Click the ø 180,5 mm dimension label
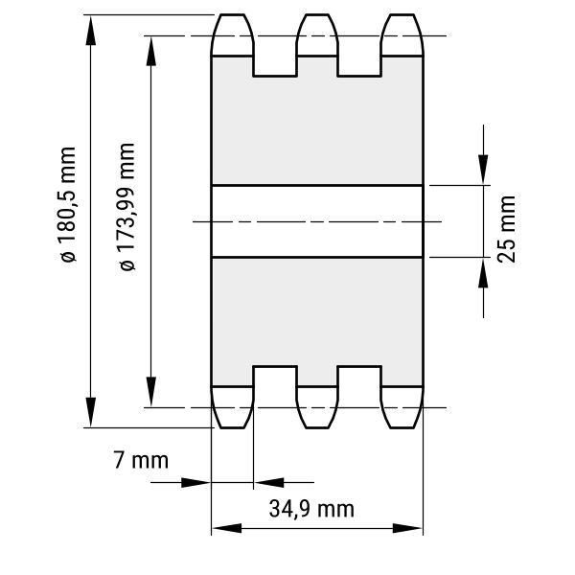[67, 205]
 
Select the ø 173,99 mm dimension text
[127, 207]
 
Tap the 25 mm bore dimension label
[506, 229]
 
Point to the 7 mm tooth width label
[141, 460]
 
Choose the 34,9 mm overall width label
[311, 509]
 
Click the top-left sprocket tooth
[232, 35]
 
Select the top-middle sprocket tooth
[317, 35]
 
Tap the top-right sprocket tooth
[402, 35]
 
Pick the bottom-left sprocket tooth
[232, 407]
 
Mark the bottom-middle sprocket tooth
[317, 407]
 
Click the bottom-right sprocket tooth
[402, 407]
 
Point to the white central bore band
[317, 221]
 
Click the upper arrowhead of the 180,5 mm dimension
[91, 30]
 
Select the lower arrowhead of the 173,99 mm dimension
[151, 391]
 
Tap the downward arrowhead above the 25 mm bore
[483, 169]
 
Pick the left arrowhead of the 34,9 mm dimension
[227, 528]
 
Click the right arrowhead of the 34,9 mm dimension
[407, 528]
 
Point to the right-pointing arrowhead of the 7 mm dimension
[196, 483]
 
